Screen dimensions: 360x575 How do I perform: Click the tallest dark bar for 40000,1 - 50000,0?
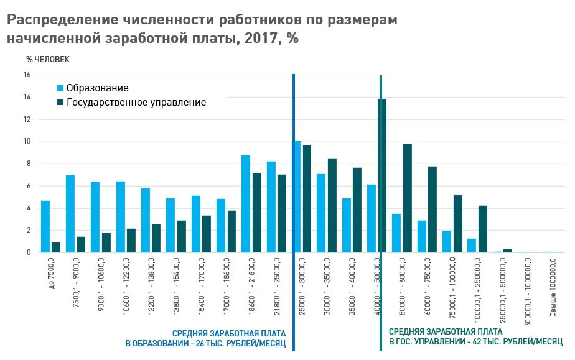click(382, 176)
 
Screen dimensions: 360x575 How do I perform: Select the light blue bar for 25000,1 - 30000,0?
click(296, 197)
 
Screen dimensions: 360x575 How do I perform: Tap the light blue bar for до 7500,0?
click(45, 226)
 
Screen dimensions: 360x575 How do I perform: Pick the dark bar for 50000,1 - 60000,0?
click(408, 198)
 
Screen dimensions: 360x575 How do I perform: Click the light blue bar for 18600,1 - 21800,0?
click(246, 204)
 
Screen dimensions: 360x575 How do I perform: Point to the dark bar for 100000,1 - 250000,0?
click(482, 229)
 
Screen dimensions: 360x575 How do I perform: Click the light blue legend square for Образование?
click(60, 88)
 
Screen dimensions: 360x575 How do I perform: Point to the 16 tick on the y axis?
click(27, 75)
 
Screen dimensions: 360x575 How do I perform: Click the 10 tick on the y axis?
click(27, 142)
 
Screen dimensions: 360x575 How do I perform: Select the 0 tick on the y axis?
click(29, 252)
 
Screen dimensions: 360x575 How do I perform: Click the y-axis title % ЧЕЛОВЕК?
click(48, 59)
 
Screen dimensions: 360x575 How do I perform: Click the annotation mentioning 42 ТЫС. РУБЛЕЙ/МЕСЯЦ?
click(475, 338)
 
